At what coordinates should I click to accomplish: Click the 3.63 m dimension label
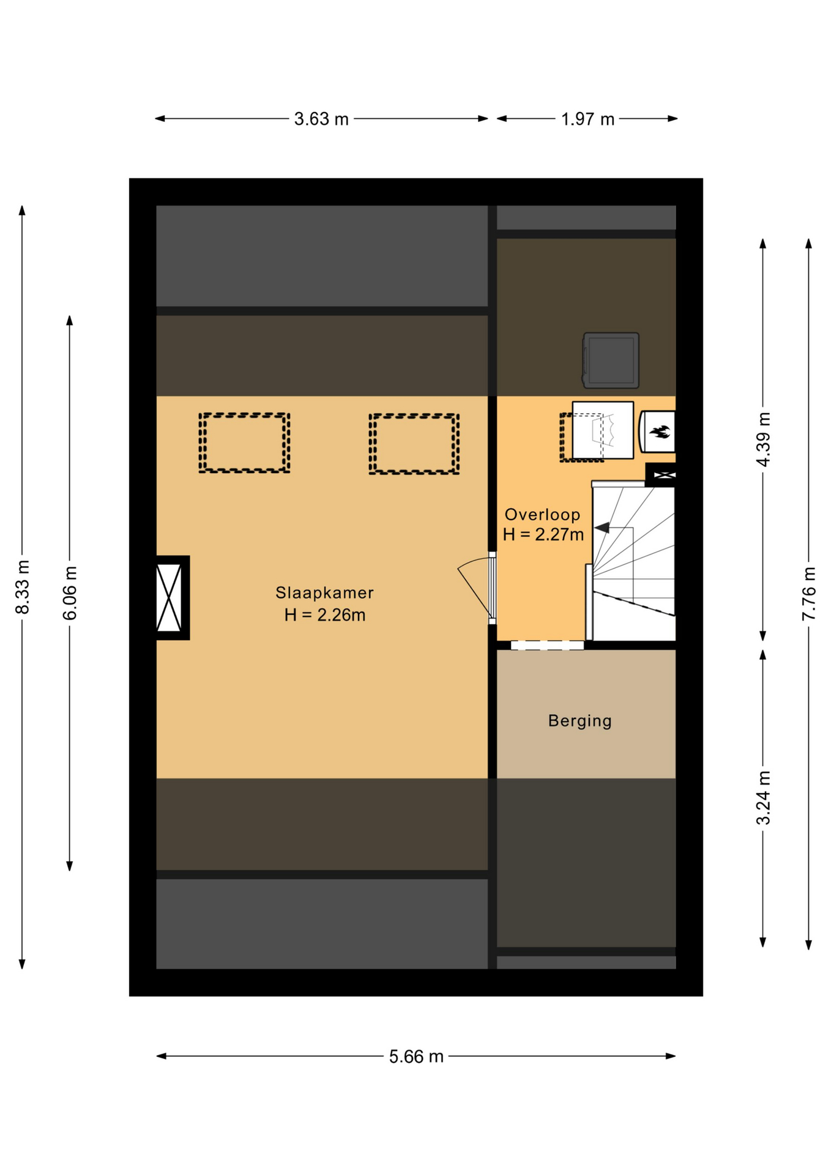(321, 119)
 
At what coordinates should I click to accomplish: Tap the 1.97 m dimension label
(587, 119)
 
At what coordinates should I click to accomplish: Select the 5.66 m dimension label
(416, 1057)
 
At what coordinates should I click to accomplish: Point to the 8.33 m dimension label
(23, 586)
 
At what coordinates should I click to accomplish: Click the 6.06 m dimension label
(70, 593)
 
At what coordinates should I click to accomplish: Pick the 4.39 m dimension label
(763, 439)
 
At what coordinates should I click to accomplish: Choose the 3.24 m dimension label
(763, 798)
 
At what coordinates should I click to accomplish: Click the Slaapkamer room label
(324, 592)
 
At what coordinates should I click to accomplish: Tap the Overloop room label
(542, 515)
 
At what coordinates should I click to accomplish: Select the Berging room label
(580, 721)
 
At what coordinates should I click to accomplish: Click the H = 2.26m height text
(325, 615)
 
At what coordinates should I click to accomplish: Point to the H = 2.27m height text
(543, 535)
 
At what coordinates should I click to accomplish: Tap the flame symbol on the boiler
(660, 431)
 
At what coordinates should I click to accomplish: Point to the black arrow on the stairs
(602, 528)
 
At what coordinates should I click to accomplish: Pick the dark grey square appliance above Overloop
(611, 360)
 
